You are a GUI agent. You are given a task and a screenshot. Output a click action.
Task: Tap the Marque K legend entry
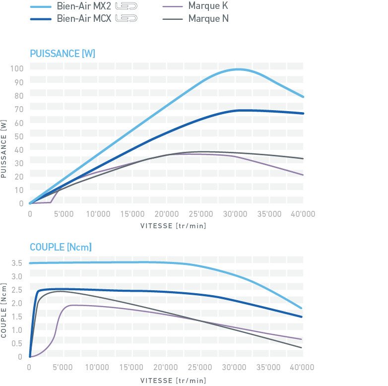[208, 7]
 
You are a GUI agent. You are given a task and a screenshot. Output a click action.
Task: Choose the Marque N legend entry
[208, 19]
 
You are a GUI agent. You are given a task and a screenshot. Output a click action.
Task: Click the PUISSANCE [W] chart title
[62, 53]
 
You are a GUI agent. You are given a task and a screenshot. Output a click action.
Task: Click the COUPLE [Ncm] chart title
[61, 247]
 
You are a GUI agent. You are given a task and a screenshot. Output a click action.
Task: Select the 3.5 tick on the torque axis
[17, 262]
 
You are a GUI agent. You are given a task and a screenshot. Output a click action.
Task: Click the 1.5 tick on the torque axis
[17, 316]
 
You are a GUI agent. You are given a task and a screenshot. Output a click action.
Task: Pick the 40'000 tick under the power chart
[302, 214]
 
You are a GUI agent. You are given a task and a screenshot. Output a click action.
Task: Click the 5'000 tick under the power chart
[64, 214]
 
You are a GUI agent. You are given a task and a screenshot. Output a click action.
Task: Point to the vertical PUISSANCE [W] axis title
[4, 148]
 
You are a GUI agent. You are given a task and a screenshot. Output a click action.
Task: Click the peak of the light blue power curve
[239, 69]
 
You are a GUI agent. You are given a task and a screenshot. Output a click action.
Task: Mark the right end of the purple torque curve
[302, 339]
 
